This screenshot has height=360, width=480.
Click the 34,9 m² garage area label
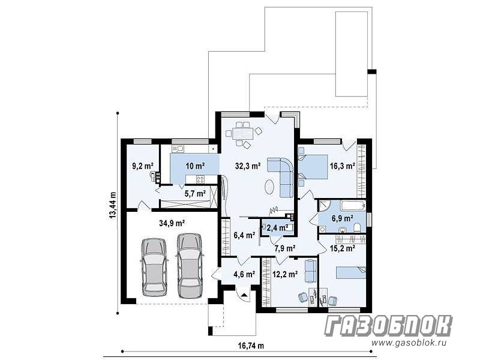tap(172, 223)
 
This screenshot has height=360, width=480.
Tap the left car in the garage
tap(155, 267)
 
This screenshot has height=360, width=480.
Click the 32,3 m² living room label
tap(248, 166)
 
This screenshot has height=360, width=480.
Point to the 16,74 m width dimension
tap(251, 346)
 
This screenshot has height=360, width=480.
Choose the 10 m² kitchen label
tap(195, 166)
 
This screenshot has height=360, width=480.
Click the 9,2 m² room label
tap(143, 166)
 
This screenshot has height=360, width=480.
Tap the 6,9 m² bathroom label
tap(343, 218)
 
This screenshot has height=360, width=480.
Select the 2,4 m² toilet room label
tap(277, 227)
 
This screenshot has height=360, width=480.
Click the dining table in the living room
tap(243, 134)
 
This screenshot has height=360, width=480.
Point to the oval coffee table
tap(269, 186)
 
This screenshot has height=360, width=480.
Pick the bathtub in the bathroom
tap(353, 205)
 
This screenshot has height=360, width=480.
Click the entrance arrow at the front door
tap(244, 296)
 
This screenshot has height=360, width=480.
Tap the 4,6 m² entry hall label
tap(244, 274)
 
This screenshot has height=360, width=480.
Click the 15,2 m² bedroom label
tap(343, 248)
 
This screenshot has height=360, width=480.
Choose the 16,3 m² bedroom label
tap(343, 166)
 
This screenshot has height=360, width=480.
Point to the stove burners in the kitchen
tap(200, 179)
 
